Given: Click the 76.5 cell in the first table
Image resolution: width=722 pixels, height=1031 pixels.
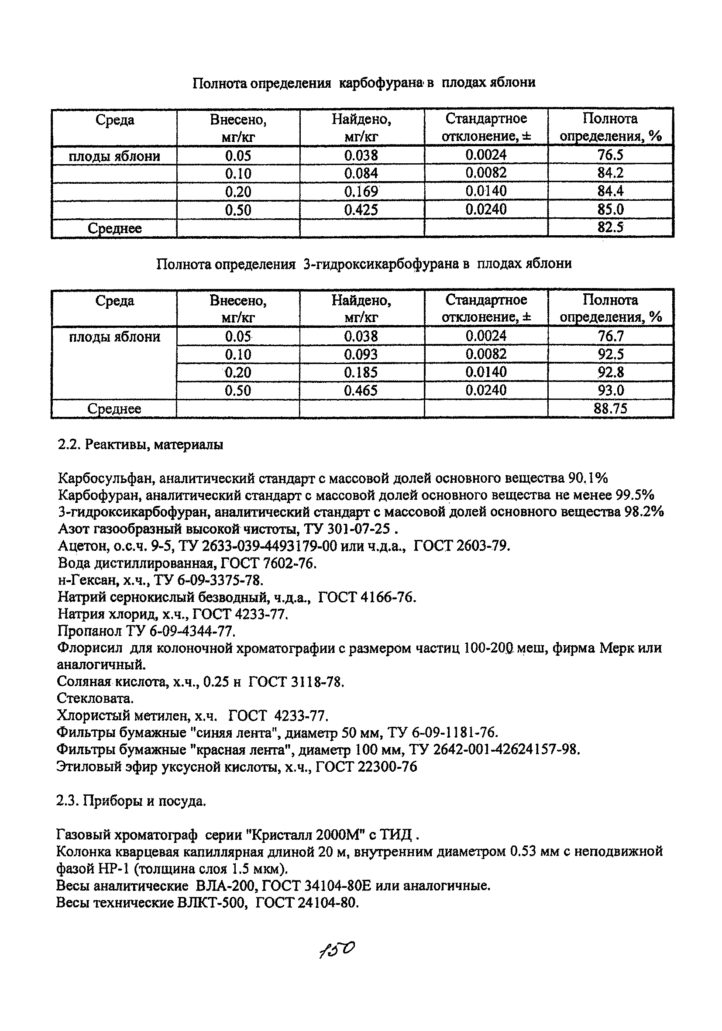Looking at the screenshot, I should [610, 155].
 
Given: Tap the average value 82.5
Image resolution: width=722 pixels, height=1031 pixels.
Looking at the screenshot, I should [610, 228].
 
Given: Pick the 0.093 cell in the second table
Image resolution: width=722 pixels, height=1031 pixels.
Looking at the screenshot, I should [361, 355].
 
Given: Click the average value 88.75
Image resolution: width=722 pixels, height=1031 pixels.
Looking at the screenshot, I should [610, 409].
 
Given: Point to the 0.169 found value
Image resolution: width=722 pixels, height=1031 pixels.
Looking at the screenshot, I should [361, 192].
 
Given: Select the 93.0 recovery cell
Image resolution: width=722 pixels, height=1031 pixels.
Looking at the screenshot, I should [610, 390].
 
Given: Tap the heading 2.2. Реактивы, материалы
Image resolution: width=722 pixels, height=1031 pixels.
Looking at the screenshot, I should [141, 444].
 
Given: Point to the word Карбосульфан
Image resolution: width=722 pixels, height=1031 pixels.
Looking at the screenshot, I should [107, 478].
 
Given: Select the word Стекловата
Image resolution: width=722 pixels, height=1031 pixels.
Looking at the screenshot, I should [95, 698].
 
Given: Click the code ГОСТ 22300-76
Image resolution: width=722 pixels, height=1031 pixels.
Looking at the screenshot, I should [366, 766].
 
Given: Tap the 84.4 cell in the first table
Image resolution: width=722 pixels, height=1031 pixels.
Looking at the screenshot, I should [610, 192].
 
